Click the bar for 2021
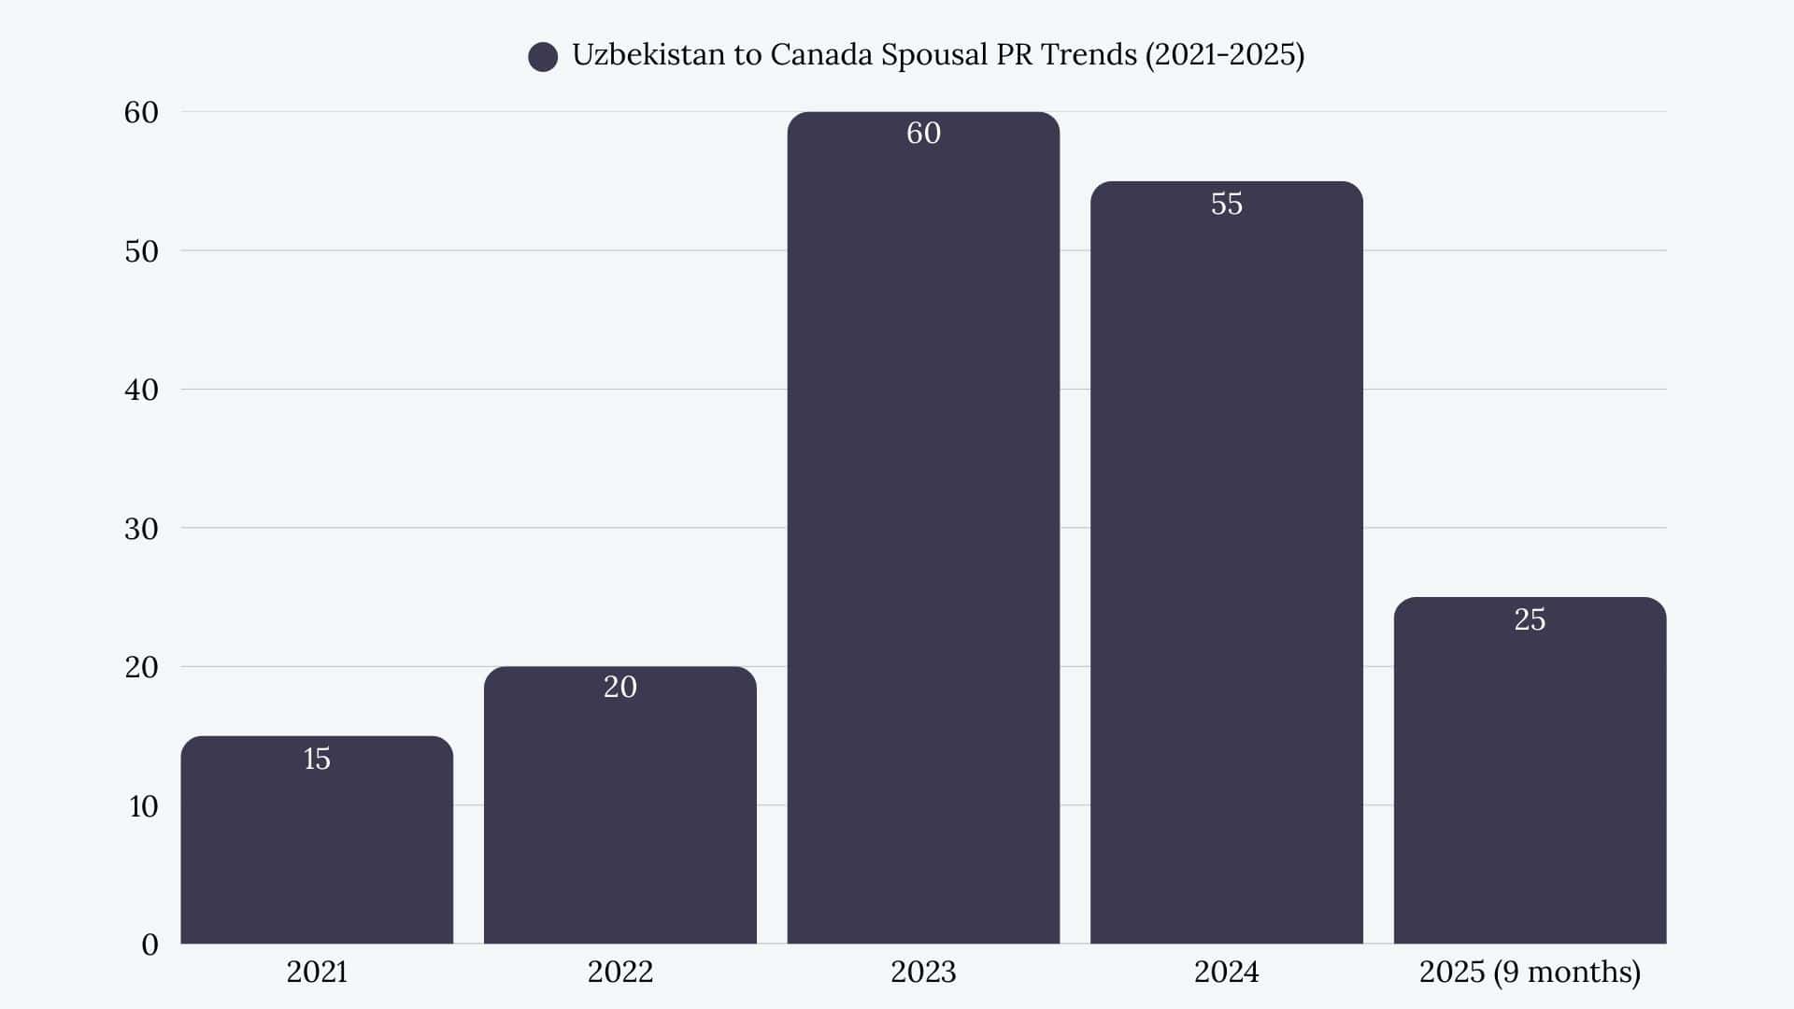click(317, 841)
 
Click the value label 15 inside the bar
click(317, 759)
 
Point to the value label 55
click(1226, 204)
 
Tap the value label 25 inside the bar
click(1530, 619)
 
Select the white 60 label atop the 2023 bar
click(923, 133)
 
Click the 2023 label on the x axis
click(923, 972)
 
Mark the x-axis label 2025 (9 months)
click(1530, 972)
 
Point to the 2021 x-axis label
click(317, 972)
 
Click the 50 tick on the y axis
click(142, 251)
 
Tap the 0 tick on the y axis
click(149, 945)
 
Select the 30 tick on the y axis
click(142, 529)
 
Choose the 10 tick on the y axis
click(143, 806)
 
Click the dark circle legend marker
click(543, 57)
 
